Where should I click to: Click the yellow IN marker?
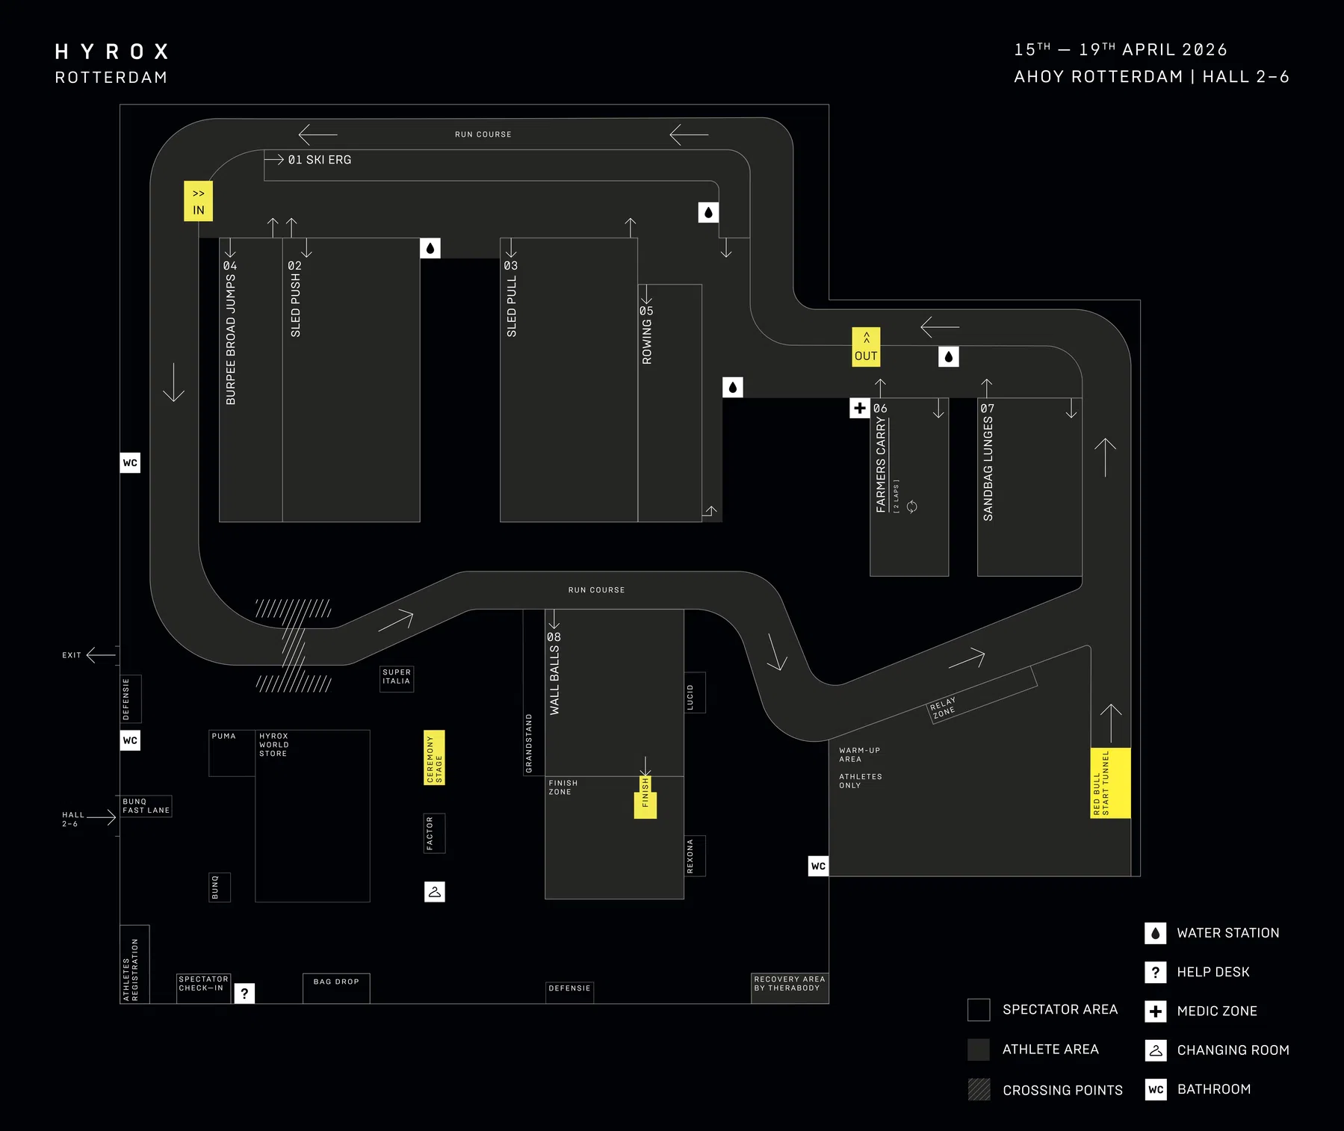pyautogui.click(x=198, y=201)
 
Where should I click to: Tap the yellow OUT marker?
pyautogui.click(x=866, y=347)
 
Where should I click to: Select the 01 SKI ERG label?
pyautogui.click(x=320, y=160)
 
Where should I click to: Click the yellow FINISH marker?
pyautogui.click(x=645, y=797)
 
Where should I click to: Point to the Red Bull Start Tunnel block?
pyautogui.click(x=1110, y=783)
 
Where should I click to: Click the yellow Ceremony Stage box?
pyautogui.click(x=434, y=757)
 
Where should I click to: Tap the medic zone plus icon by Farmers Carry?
pyautogui.click(x=860, y=408)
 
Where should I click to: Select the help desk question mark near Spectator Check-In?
pyautogui.click(x=244, y=993)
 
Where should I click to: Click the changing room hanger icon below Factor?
pyautogui.click(x=435, y=891)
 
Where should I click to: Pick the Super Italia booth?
pyautogui.click(x=397, y=678)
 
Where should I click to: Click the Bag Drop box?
pyautogui.click(x=336, y=988)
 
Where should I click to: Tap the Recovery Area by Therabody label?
pyautogui.click(x=790, y=983)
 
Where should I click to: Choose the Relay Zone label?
pyautogui.click(x=943, y=707)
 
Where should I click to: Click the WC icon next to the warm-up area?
pyautogui.click(x=819, y=866)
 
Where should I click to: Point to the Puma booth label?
pyautogui.click(x=223, y=736)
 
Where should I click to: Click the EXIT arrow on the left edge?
pyautogui.click(x=101, y=655)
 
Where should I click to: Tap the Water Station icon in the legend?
pyautogui.click(x=1156, y=933)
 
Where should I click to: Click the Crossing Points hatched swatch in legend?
pyautogui.click(x=979, y=1089)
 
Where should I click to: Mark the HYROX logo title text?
pyautogui.click(x=112, y=52)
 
